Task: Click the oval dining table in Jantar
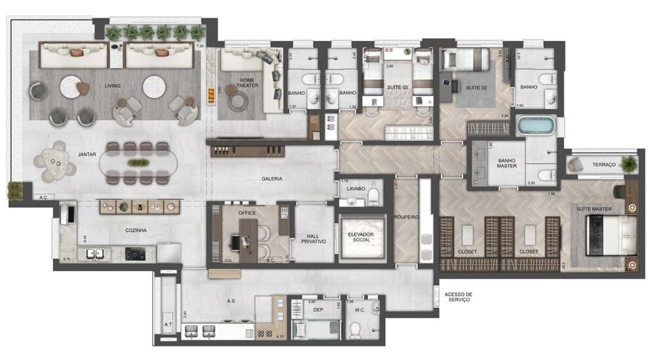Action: [138, 163]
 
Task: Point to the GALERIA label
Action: [272, 178]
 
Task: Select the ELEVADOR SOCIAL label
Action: [361, 237]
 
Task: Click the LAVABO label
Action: [356, 189]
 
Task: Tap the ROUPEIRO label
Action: [406, 218]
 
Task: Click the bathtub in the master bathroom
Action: [536, 125]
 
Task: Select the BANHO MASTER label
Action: [506, 163]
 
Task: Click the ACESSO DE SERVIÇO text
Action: [459, 298]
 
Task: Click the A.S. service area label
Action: [232, 301]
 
